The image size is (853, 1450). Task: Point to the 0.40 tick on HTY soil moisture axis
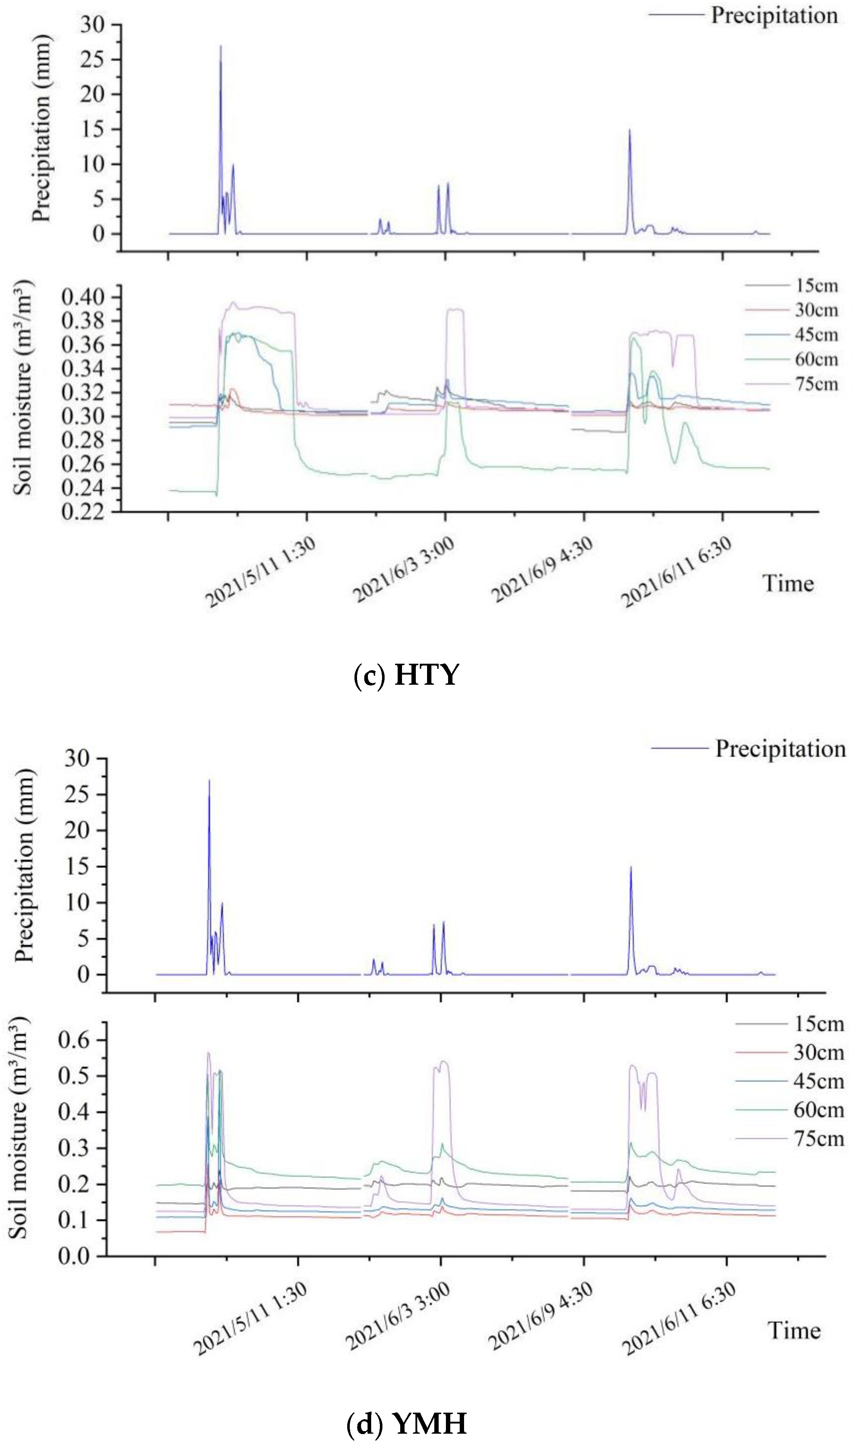[83, 297]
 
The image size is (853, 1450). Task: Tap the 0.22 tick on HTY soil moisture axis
[83, 511]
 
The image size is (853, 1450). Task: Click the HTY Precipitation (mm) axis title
[41, 128]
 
